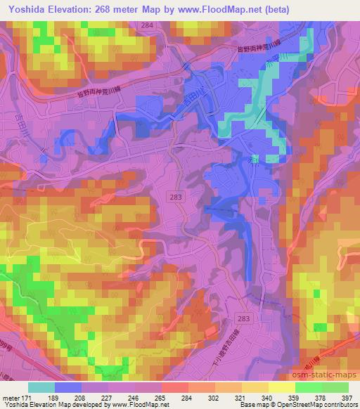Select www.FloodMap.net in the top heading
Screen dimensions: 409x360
tap(225, 8)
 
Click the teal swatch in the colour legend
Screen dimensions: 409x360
tap(41, 387)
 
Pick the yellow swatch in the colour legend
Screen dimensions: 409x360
tap(282, 387)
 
